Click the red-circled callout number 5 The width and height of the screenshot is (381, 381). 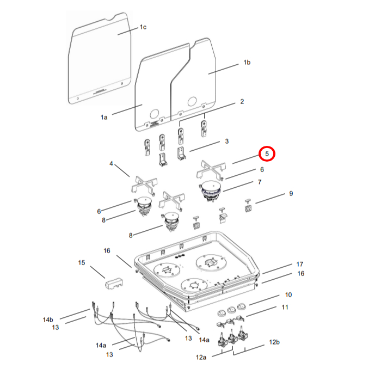[x=267, y=154]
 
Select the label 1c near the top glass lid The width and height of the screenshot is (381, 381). [x=143, y=27]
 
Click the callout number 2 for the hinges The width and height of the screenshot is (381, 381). [x=242, y=102]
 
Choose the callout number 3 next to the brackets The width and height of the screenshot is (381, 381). [x=226, y=142]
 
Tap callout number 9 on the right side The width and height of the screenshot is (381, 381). [x=291, y=193]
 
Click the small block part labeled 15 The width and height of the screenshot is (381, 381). [x=113, y=283]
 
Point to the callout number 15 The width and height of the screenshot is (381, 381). [x=82, y=263]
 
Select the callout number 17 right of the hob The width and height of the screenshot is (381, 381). [x=300, y=264]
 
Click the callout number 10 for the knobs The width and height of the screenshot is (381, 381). [x=288, y=294]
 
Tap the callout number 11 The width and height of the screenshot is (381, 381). [x=284, y=308]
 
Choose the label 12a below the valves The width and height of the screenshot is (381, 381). [x=202, y=358]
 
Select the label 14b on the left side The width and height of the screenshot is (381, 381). [x=48, y=319]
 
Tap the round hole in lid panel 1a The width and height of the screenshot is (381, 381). [x=155, y=113]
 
